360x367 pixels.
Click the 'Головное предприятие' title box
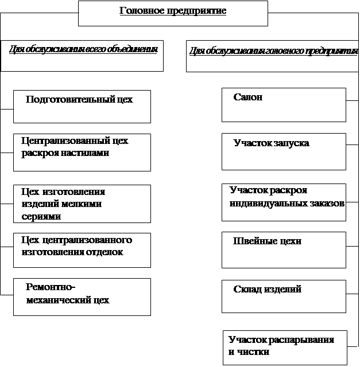pos(173,13)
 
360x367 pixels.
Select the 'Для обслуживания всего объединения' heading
pos(82,55)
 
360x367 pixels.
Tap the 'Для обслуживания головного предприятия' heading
pos(273,56)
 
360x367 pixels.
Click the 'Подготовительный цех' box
pos(82,106)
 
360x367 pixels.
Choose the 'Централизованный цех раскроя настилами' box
pos(82,152)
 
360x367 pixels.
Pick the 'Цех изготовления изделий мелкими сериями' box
pos(82,204)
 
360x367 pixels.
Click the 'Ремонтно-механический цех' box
pos(82,296)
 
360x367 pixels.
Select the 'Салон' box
pos(284,104)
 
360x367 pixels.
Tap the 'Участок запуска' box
pos(284,151)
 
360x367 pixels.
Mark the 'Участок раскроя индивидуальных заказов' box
pos(284,202)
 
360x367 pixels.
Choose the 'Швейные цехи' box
pos(284,249)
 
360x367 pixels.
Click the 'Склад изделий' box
pos(284,296)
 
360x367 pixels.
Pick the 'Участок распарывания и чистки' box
pos(285,348)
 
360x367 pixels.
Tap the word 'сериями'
pos(41,216)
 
